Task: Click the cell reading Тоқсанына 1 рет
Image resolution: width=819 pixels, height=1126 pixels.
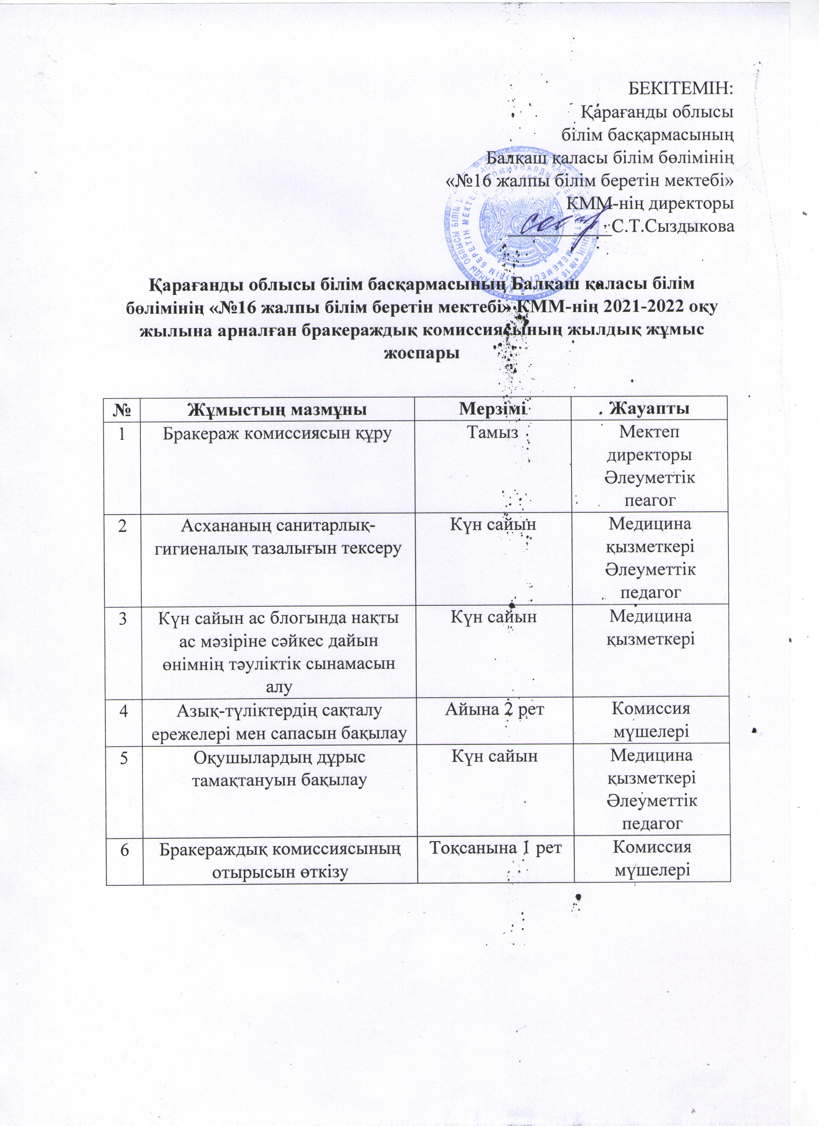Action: point(495,847)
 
